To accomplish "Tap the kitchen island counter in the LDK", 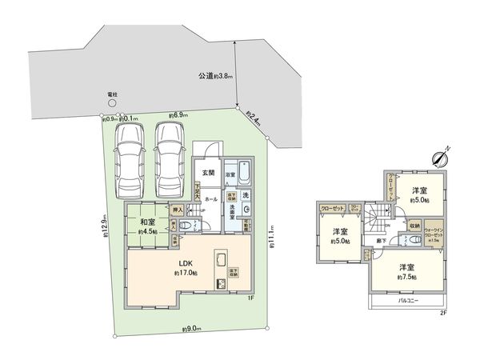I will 219,263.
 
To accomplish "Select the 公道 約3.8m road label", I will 215,77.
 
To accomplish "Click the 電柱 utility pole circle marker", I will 111,102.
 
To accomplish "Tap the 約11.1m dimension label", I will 272,241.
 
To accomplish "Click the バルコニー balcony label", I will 409,301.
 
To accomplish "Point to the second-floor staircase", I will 377,214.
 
